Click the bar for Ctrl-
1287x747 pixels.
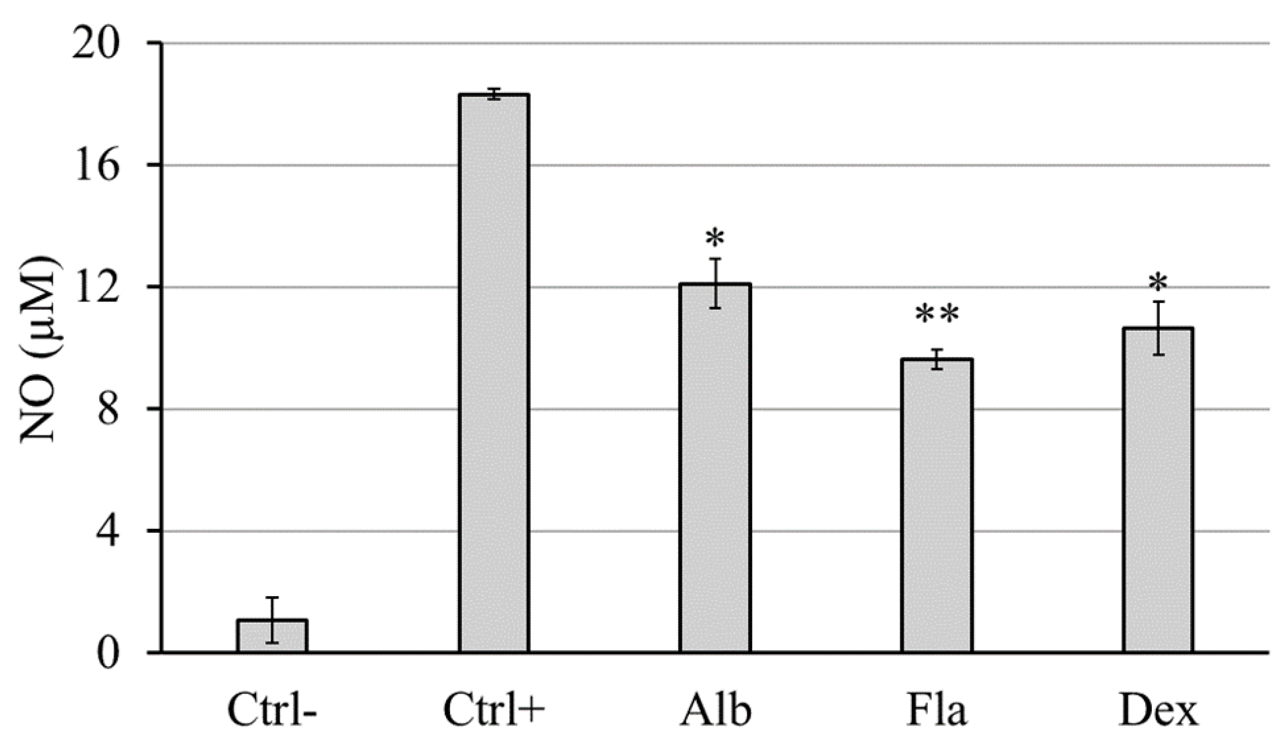point(272,637)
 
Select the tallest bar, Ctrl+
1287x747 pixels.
point(493,373)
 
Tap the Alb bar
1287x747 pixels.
point(715,468)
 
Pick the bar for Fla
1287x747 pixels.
point(937,505)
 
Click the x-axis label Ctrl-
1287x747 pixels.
point(272,711)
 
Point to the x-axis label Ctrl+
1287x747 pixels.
point(494,711)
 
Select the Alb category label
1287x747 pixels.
point(715,711)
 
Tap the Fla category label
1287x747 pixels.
point(937,711)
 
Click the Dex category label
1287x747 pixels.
point(1158,711)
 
